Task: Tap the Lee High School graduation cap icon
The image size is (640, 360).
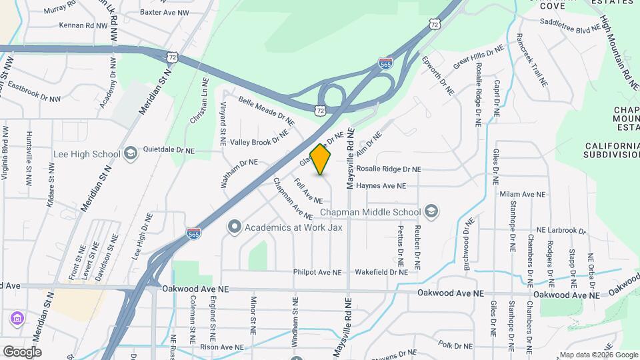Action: click(x=130, y=154)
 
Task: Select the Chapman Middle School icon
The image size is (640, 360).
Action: click(x=431, y=212)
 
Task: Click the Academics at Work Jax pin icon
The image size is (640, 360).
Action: click(x=234, y=227)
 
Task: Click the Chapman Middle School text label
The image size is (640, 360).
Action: click(x=370, y=213)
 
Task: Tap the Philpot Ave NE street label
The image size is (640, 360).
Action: click(x=317, y=272)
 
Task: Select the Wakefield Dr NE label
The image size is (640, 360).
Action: click(x=381, y=272)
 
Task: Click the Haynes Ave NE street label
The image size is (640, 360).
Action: click(x=381, y=186)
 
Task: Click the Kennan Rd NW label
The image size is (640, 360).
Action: click(x=83, y=25)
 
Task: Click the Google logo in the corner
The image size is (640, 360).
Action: click(x=22, y=352)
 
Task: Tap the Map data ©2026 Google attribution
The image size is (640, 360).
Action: click(x=599, y=355)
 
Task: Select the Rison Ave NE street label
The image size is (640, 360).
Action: click(x=224, y=347)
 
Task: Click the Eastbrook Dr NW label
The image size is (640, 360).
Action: click(x=34, y=93)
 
